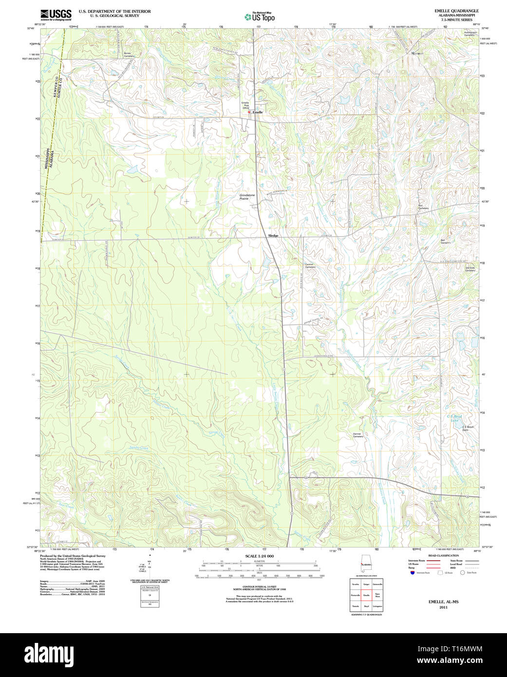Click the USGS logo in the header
click(56, 14)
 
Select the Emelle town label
click(258, 113)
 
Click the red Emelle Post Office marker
click(249, 112)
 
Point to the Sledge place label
click(273, 236)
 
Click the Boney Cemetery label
click(128, 55)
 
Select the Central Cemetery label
click(310, 266)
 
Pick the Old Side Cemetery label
click(469, 269)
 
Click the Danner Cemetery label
click(358, 435)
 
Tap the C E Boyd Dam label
click(468, 428)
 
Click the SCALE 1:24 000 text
click(259, 556)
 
